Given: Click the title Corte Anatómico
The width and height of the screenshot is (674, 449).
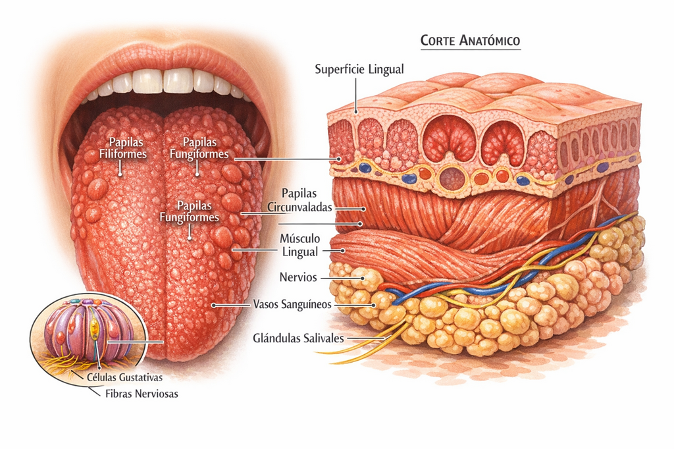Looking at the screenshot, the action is [x=470, y=40].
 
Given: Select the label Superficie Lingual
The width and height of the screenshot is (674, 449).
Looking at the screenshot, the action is [x=359, y=69].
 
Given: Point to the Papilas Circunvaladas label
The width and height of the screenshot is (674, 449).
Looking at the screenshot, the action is [x=299, y=200].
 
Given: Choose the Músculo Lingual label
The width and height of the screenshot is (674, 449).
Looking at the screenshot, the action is [x=299, y=245].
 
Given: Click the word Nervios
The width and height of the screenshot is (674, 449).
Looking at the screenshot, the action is [x=298, y=277].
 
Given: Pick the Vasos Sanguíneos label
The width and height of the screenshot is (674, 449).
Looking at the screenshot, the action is [x=292, y=305].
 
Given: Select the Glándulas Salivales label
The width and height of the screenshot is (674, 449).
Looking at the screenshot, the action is [x=298, y=338].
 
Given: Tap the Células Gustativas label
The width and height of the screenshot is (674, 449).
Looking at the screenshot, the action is [x=124, y=378].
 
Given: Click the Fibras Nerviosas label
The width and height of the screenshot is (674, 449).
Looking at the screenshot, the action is [x=142, y=394].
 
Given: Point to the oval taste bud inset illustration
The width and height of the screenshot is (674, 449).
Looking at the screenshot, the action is [x=89, y=336].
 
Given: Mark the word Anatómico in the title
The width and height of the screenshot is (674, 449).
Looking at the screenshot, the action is [x=490, y=40].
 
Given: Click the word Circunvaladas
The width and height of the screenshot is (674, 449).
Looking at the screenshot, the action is [x=299, y=207].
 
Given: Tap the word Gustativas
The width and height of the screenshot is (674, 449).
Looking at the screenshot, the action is [x=141, y=378].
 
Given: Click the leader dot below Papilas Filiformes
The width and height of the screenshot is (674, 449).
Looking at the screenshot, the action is [x=120, y=174].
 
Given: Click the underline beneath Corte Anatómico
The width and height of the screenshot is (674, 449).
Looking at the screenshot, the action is [x=471, y=49].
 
